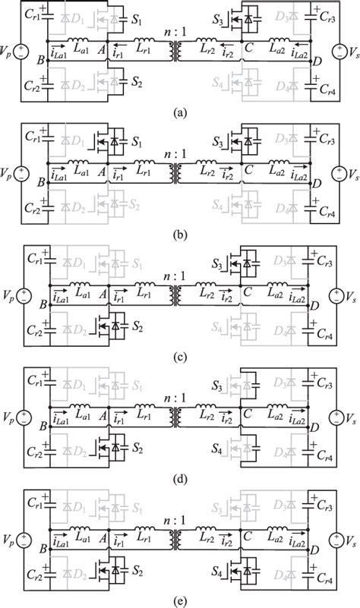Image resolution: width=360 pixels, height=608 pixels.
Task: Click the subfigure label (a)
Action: click(x=179, y=111)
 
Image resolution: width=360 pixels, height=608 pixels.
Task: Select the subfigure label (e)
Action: click(x=179, y=600)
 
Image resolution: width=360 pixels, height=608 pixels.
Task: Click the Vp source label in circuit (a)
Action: click(x=8, y=54)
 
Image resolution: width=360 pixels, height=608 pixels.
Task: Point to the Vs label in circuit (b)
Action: click(x=350, y=175)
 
